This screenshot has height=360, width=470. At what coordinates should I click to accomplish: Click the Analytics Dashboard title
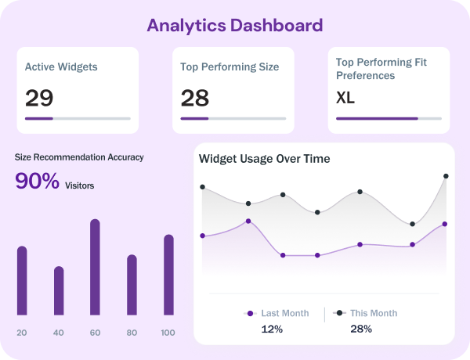coord(235,25)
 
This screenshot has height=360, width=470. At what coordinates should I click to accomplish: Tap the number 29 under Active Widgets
coord(39,98)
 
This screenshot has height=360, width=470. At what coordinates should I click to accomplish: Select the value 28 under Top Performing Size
coord(195,98)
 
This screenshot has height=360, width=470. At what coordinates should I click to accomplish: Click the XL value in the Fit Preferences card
coord(345,98)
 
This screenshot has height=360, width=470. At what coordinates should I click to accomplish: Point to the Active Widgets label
coord(61,67)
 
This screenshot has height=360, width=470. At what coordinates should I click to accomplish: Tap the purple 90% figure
coord(38,181)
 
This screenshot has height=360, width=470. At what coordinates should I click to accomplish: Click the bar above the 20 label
coord(22,281)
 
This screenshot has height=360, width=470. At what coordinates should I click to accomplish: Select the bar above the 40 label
coord(59,291)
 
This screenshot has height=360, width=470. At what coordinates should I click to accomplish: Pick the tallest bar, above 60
coord(95,267)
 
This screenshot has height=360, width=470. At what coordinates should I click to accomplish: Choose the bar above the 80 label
coord(132,285)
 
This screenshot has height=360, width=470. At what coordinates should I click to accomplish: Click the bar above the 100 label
coord(168,275)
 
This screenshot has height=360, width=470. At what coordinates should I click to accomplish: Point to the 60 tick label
coord(95,333)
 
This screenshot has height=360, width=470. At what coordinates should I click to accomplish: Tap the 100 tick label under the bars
coord(168,333)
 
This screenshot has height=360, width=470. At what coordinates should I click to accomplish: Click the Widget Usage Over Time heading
coord(265,159)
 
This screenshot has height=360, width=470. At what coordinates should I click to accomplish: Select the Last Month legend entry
coord(278,313)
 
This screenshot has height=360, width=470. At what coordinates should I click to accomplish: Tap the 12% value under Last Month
coord(272,329)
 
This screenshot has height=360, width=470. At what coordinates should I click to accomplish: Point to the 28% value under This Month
coord(361,329)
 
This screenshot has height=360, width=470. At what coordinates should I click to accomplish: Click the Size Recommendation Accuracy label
coord(79,157)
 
